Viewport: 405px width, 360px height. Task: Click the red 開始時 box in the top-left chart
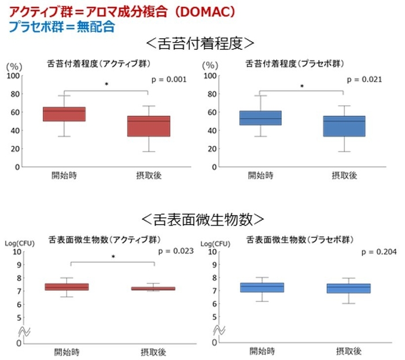64,114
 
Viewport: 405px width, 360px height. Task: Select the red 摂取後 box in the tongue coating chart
149,126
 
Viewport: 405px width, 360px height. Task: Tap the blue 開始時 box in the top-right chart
260,118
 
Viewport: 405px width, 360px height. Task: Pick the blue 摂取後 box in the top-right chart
344,126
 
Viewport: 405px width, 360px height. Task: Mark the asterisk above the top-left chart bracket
107,85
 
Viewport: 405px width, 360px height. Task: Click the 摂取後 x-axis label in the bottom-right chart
348,351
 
